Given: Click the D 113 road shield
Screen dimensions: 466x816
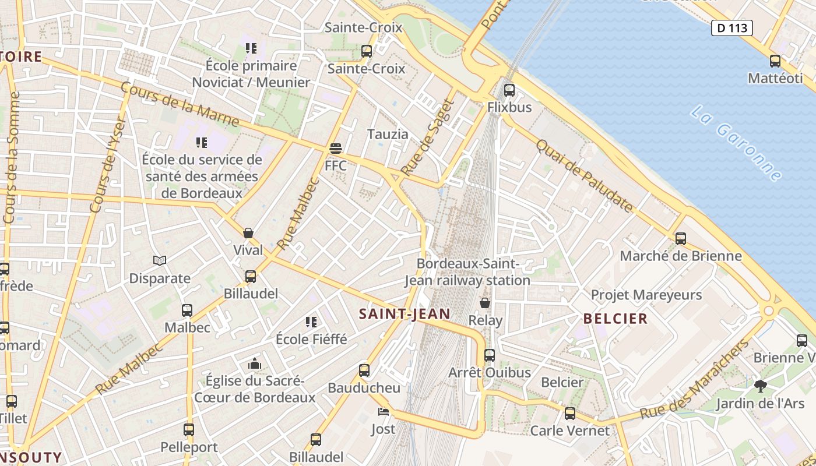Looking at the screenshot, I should coord(732,27).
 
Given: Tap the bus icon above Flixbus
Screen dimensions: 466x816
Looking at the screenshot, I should coord(509,90).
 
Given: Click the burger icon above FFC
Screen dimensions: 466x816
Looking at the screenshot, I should coord(335,149).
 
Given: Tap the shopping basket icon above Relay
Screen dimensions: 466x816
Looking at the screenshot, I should coord(485,303).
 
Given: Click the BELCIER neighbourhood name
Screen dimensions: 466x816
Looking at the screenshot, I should coord(615,319).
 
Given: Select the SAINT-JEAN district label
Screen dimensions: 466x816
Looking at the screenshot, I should coord(405,314).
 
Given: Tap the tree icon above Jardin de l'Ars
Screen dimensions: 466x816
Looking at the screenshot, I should coord(760,386).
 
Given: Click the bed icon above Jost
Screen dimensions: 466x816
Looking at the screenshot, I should coord(383,412).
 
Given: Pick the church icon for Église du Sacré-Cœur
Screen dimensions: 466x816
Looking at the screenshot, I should coord(255,364).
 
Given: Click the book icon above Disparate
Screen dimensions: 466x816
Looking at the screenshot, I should coord(160,260).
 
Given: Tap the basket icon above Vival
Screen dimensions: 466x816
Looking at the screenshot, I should coord(248,233).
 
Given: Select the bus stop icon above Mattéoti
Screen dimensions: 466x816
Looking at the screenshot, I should coord(775,61).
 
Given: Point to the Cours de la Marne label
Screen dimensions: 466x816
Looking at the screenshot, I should coord(180,105).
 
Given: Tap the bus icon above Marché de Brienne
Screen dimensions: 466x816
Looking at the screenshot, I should coord(681,238).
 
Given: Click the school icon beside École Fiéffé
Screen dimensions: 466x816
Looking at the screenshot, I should coord(311,322).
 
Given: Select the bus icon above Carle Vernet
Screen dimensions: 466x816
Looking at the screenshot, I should coord(570,414).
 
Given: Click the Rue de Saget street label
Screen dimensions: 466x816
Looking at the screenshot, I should coord(427,138).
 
